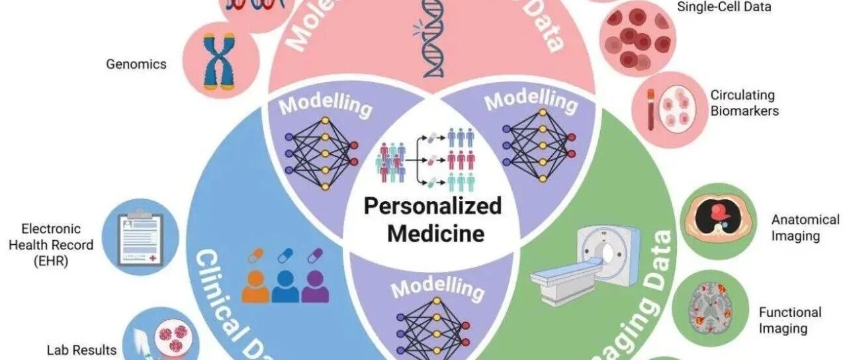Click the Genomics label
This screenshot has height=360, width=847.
pos(136,64)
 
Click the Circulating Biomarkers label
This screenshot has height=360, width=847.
pos(744,103)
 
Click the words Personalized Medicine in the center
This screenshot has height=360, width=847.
pos(433,219)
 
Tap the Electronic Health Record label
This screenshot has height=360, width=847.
pos(57,245)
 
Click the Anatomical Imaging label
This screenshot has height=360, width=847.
pos(805,228)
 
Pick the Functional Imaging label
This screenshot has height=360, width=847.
pos(789,320)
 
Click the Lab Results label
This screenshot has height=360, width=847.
pos(81,350)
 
